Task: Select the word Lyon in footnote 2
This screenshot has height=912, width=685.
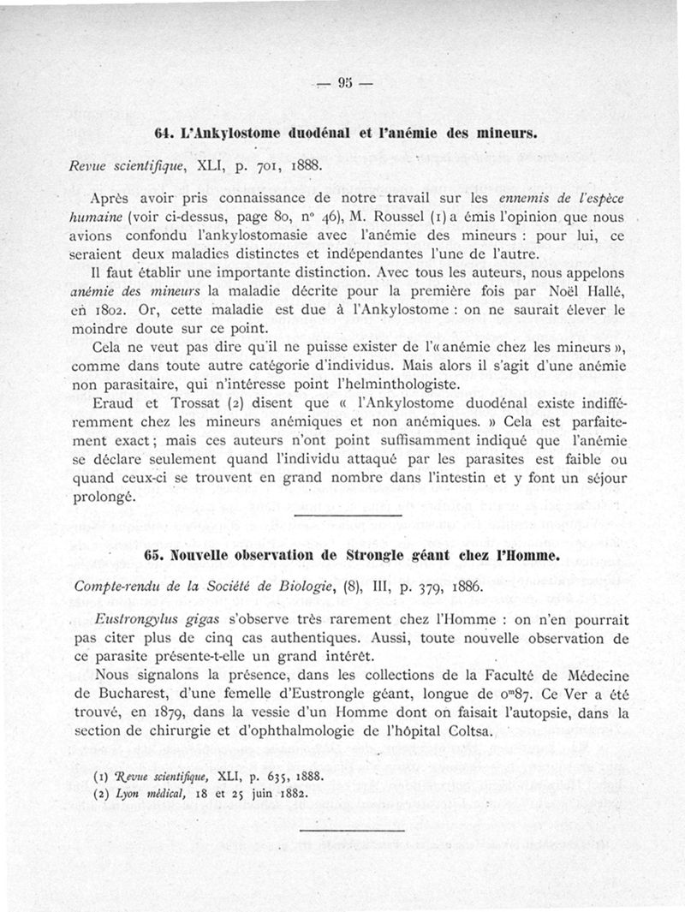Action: (x=123, y=792)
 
